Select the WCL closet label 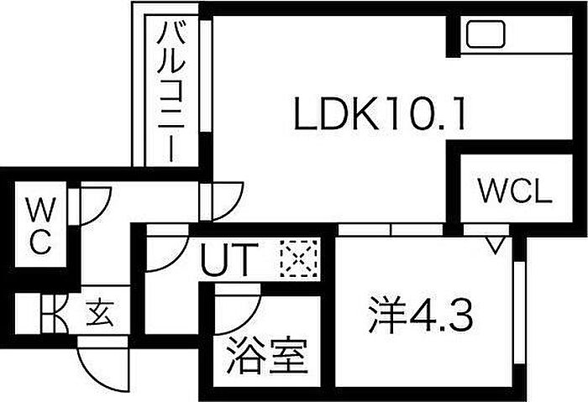[x=515, y=192]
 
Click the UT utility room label [x=224, y=262]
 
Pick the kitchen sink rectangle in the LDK [x=485, y=35]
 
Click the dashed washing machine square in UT [x=299, y=259]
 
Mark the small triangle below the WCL [x=496, y=244]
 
